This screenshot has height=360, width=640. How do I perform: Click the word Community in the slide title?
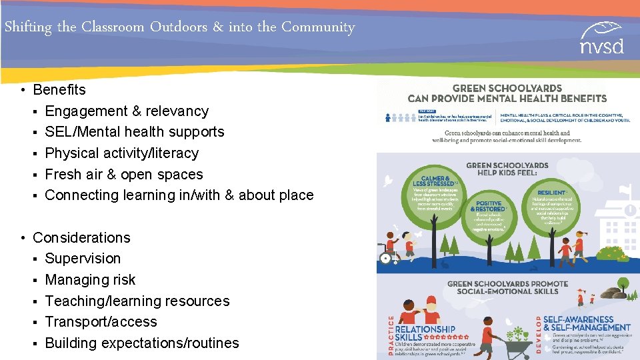click(317, 27)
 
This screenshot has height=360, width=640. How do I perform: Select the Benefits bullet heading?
click(59, 89)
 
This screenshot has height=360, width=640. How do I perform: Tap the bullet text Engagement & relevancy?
click(127, 111)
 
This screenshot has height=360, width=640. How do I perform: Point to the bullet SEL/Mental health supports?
click(135, 132)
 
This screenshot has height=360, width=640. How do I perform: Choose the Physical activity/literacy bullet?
click(122, 153)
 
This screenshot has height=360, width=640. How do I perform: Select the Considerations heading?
click(81, 238)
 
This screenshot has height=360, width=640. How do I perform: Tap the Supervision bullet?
click(83, 259)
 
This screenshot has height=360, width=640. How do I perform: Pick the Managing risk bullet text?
click(90, 280)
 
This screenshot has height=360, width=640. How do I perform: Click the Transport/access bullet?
click(101, 322)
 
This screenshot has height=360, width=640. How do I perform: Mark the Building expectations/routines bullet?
click(142, 343)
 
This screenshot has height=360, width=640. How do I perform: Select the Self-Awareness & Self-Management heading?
click(587, 323)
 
